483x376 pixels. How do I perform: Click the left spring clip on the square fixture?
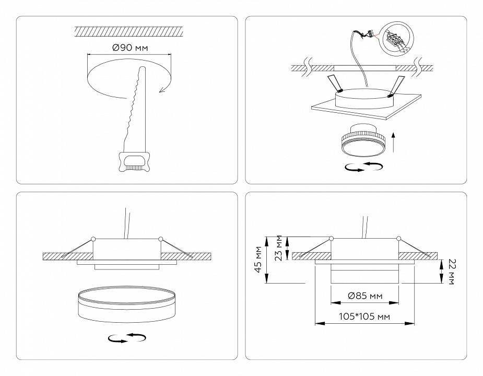pos(333,84)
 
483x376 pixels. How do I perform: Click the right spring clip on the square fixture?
pos(396,84)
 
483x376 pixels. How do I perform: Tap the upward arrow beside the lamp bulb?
pos(392,141)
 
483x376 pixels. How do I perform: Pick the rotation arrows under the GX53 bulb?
pos(364,167)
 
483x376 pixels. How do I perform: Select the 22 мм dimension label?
pos(451,272)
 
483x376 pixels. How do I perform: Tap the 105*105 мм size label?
pos(364,316)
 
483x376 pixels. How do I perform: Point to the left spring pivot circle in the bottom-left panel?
pos(93,239)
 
